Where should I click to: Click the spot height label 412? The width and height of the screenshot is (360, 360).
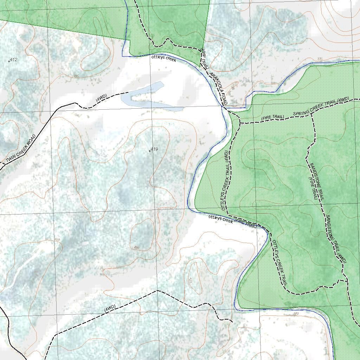tap(13, 60)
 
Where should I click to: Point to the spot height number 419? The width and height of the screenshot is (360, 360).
tap(154, 149)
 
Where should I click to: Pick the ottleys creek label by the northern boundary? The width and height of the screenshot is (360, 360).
tap(163, 58)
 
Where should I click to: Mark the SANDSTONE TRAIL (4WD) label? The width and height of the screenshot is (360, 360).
tap(336, 239)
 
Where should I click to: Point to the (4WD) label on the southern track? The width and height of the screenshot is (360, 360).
tap(110, 308)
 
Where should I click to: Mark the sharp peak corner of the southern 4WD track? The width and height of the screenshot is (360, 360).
tap(157, 291)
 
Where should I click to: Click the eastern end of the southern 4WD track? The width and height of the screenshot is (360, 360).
tap(232, 321)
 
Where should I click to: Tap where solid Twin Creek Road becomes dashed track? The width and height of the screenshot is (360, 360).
tap(75, 103)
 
